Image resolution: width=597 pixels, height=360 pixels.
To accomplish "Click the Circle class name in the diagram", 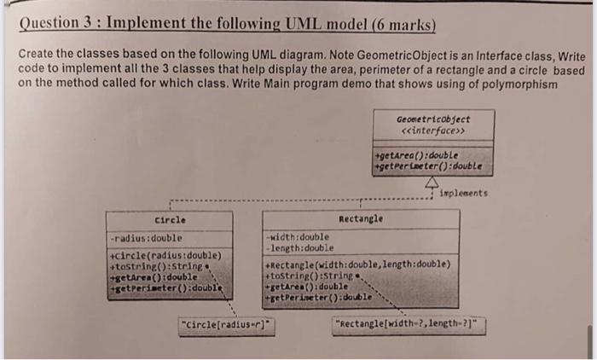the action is (171, 219).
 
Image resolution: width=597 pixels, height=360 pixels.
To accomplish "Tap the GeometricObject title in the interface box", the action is (432, 120).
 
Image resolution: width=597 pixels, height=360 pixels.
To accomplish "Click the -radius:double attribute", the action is (146, 238).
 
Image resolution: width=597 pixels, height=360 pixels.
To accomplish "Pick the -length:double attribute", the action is (299, 247).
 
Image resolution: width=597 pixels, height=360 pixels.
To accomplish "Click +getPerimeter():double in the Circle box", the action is (165, 288).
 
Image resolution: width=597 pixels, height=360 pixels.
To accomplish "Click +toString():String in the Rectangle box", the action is (310, 276).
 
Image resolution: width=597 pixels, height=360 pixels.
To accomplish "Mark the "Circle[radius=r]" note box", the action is (225, 324).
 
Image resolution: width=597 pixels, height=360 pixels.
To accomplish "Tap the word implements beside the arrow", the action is (465, 194).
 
